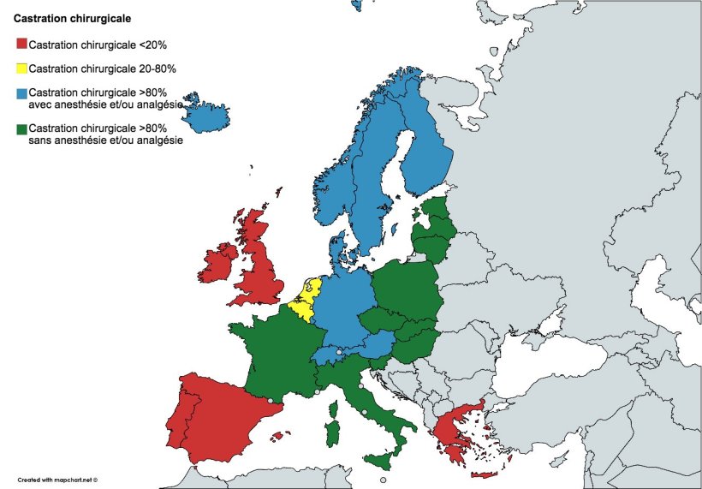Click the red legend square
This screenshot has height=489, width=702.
pyautogui.click(x=21, y=45)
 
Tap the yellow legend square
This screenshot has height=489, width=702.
pyautogui.click(x=21, y=69)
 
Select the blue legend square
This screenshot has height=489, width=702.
pyautogui.click(x=21, y=92)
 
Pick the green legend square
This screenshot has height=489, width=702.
pyautogui.click(x=21, y=128)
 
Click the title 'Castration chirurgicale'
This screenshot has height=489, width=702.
pyautogui.click(x=66, y=16)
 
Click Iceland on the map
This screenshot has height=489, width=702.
pyautogui.click(x=205, y=112)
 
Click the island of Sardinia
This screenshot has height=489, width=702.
pyautogui.click(x=331, y=426)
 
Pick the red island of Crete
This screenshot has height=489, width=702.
pyautogui.click(x=483, y=474)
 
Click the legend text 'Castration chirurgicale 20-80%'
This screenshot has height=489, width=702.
pyautogui.click(x=103, y=69)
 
